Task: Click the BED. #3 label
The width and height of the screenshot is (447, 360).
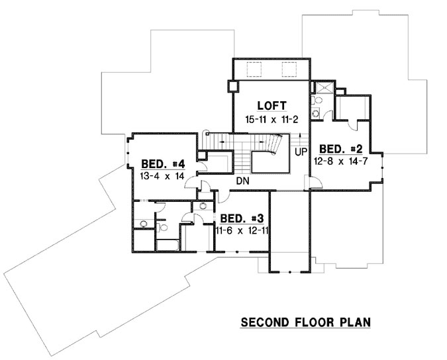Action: click(241, 218)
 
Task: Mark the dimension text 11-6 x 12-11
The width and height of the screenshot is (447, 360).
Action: click(241, 230)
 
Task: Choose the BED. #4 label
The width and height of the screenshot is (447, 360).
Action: click(162, 165)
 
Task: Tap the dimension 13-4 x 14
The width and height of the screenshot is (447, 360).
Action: click(162, 177)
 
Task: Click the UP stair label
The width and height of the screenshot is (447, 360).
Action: click(300, 152)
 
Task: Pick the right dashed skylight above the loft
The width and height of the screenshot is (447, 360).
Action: click(289, 69)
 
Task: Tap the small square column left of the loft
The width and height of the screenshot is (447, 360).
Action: click(232, 86)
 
